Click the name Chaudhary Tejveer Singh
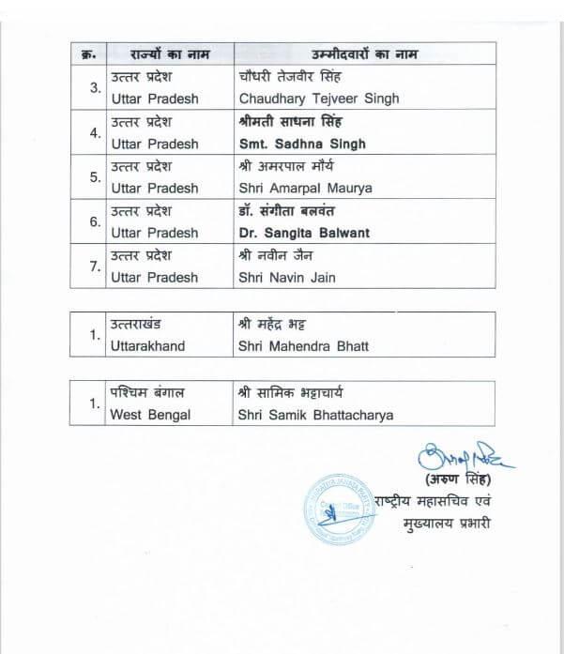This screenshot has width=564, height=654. [318, 99]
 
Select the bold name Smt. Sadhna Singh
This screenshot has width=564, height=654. [302, 144]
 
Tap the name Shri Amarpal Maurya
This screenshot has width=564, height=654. [305, 188]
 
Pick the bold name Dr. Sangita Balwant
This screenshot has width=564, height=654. [304, 233]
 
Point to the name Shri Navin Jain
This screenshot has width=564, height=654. [286, 277]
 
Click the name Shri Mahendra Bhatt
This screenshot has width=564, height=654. [303, 346]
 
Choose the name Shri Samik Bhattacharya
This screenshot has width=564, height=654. [315, 415]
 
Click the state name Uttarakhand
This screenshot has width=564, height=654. [147, 346]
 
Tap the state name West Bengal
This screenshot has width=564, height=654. [150, 415]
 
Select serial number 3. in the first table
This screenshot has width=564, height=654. [94, 88]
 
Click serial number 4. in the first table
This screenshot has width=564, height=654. [94, 132]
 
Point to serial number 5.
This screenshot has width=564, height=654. [94, 176]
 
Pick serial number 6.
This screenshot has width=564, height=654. [94, 221]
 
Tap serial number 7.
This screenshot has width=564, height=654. [94, 266]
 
